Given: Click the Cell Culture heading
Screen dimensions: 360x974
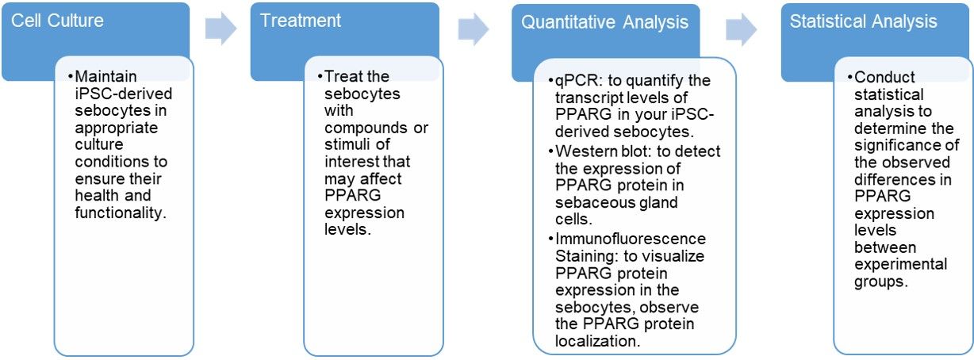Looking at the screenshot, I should [57, 20].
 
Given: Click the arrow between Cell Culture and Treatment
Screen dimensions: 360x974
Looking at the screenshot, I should [220, 29].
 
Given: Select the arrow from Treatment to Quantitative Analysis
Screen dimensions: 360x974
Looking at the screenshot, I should [474, 29].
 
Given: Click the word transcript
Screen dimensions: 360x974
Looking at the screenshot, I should [588, 98].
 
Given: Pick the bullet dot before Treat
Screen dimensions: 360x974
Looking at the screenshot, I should [320, 77].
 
